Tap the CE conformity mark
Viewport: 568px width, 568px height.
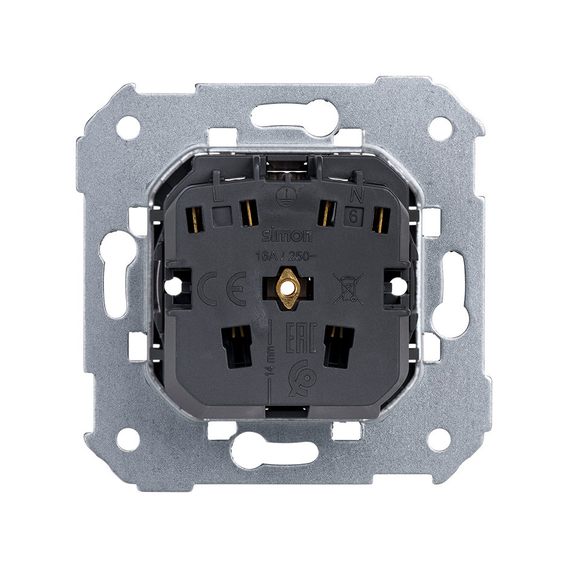pyautogui.click(x=221, y=288)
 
